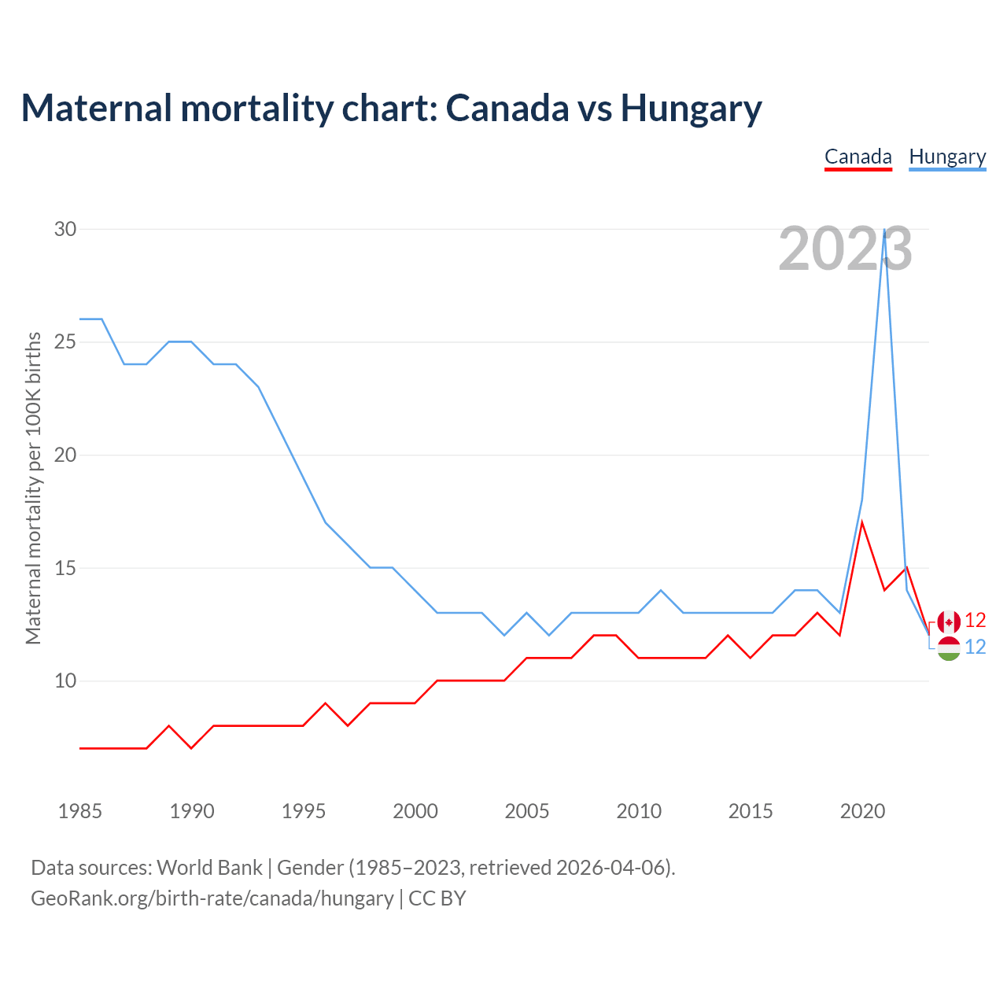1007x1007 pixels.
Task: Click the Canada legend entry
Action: (858, 157)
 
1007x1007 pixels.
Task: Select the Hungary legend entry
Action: (947, 157)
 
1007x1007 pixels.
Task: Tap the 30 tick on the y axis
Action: (65, 229)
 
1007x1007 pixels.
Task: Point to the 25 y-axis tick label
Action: (65, 342)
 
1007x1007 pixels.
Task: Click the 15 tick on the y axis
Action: (65, 568)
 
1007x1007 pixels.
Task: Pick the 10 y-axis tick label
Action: (65, 681)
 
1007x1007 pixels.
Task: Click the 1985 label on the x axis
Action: (80, 811)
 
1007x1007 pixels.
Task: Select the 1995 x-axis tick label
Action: (304, 811)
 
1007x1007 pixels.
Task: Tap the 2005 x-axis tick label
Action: (527, 811)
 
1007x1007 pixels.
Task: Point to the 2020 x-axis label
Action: (862, 811)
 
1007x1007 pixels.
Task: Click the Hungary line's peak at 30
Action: (885, 230)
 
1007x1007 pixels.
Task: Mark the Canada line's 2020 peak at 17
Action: (862, 522)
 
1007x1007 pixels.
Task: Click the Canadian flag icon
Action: (949, 622)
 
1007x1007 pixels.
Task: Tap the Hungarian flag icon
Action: (949, 649)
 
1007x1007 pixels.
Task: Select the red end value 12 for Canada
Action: (976, 621)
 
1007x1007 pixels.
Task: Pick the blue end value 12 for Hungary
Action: (976, 647)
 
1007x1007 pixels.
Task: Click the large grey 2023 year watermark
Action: (845, 249)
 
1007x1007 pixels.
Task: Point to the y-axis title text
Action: (33, 488)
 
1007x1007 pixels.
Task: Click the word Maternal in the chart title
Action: (96, 108)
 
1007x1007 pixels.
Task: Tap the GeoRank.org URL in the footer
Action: (212, 898)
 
